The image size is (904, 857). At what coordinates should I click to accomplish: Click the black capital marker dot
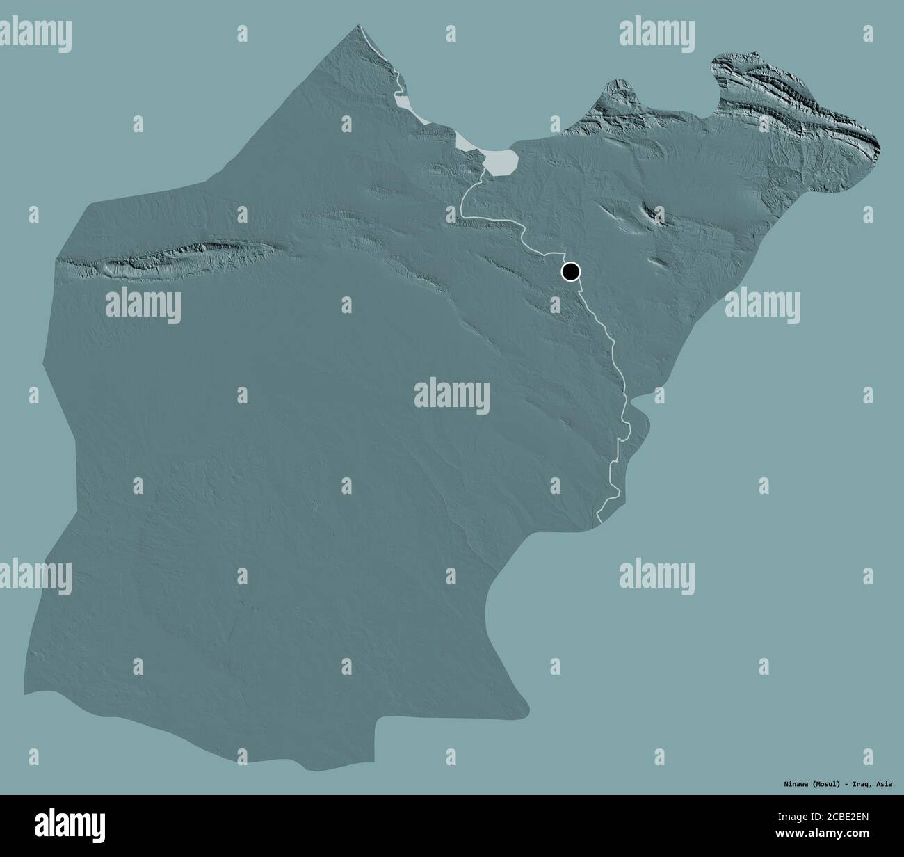[570, 271]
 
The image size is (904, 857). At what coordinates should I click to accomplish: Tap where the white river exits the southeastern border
[599, 518]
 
